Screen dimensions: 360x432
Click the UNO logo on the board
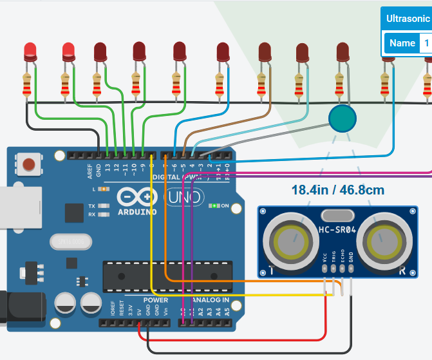(x=185, y=197)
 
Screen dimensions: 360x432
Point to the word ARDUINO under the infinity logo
(x=136, y=211)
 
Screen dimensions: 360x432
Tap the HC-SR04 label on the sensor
(x=337, y=230)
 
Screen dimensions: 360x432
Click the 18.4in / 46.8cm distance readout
(x=337, y=191)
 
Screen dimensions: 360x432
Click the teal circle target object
(x=342, y=118)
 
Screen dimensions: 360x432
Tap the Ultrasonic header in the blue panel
(x=408, y=19)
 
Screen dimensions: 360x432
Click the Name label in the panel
(x=402, y=43)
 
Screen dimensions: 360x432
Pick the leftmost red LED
(x=30, y=51)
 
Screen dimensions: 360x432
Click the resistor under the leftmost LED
(x=26, y=85)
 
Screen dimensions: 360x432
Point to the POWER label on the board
(x=155, y=300)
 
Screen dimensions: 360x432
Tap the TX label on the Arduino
(x=91, y=206)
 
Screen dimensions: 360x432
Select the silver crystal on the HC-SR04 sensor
(x=336, y=216)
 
